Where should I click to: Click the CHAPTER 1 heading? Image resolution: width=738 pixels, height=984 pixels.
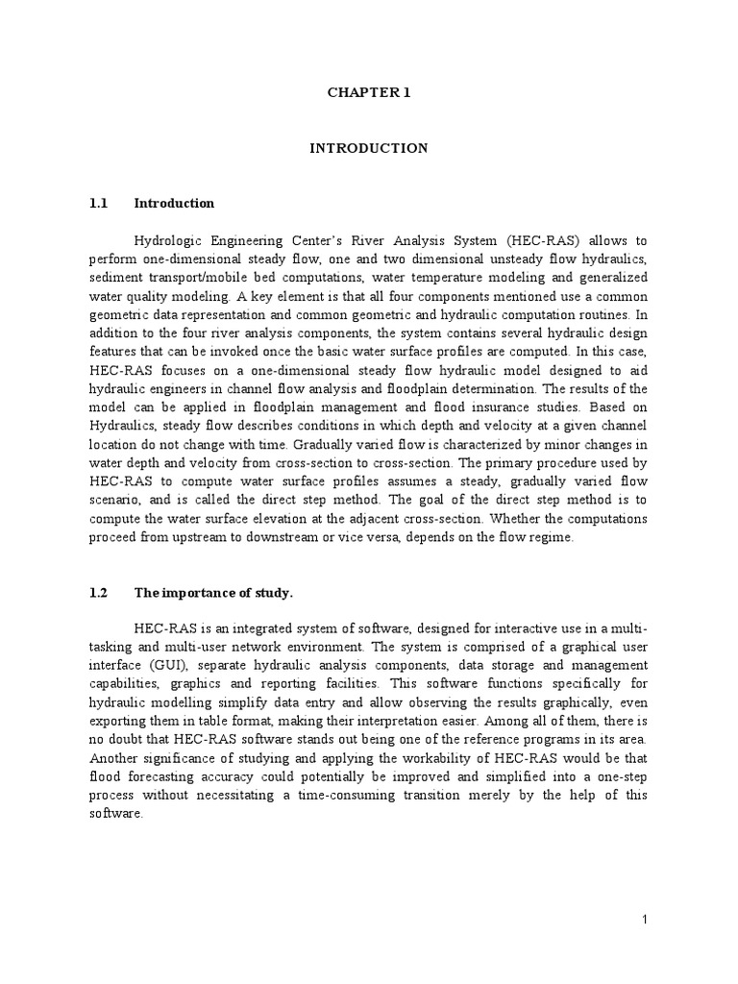click(x=368, y=93)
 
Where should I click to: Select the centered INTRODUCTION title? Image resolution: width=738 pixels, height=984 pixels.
click(x=368, y=148)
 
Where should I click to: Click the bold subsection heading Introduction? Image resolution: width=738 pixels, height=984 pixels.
click(x=174, y=204)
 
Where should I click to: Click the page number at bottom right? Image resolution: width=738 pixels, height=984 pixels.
click(x=646, y=921)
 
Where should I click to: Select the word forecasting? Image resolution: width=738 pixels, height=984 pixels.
click(x=160, y=776)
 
